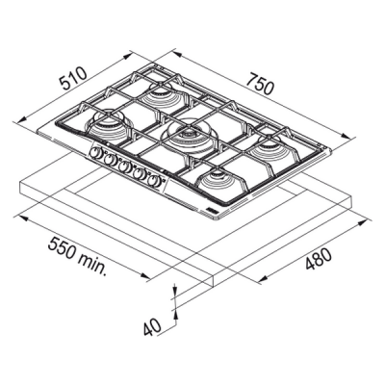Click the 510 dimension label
coord(74,78)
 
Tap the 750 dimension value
coord(260,84)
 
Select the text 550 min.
coord(77,257)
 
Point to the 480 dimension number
coord(318,259)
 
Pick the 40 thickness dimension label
coord(152,326)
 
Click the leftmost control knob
coord(95,152)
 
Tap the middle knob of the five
coord(123,167)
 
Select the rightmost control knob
coord(155,181)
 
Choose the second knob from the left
coord(109,159)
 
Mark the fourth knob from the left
coord(139,173)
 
